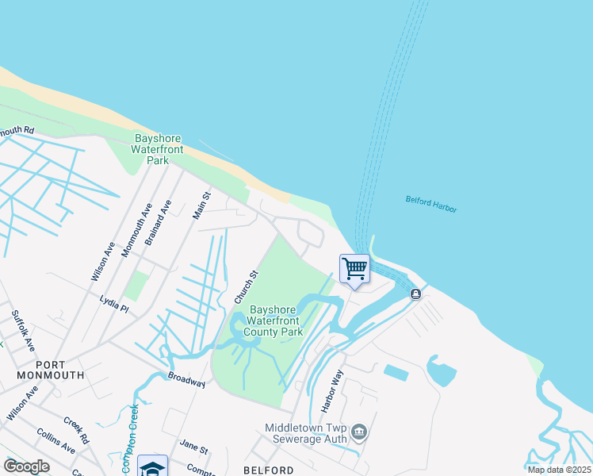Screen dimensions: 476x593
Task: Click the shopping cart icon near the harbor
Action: coord(354,268)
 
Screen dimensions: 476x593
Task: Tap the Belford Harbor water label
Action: coord(431,204)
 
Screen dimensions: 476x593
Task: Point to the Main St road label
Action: coord(202,205)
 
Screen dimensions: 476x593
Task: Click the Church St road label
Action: coord(247,287)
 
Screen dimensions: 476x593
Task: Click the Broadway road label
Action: coord(187,379)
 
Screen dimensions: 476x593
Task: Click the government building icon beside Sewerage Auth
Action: coord(359,432)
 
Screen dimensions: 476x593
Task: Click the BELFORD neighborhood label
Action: coord(269,470)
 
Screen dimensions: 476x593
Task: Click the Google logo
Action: coord(26,466)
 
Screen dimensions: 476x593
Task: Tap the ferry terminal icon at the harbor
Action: coord(415,294)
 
